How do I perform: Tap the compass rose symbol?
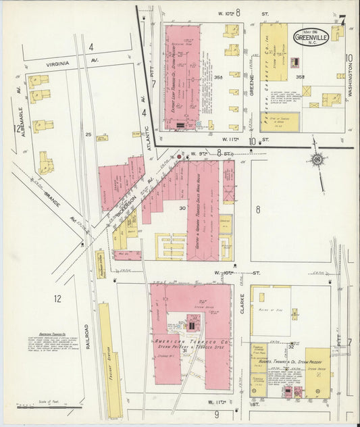[317, 159]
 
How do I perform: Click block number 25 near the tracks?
[88, 134]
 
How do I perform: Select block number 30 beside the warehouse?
[182, 207]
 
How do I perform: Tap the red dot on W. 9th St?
[179, 157]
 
